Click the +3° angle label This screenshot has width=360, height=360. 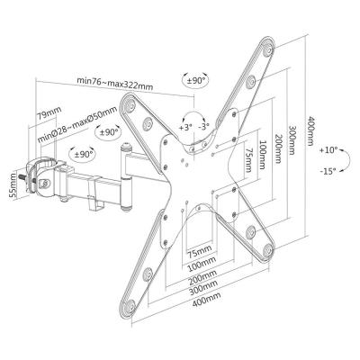pyautogui.click(x=185, y=128)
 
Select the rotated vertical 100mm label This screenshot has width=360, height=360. pyautogui.click(x=260, y=147)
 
